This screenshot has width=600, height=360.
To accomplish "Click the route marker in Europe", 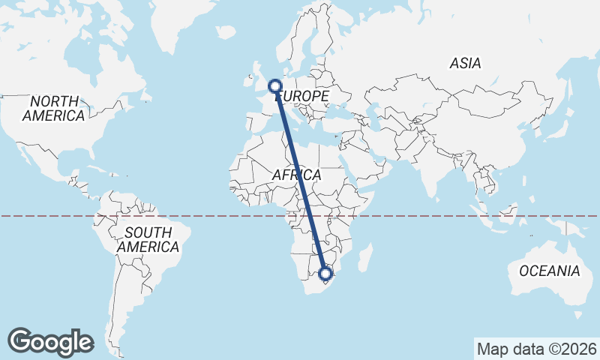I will tap(274, 86).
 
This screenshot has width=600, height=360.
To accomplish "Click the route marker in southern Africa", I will tap(325, 274).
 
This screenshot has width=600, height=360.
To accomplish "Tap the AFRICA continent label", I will tap(296, 175).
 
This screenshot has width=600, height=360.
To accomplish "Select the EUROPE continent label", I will tap(302, 97).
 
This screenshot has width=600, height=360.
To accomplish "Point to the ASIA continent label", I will tap(465, 64).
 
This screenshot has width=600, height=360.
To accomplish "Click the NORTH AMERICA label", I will tap(53, 109).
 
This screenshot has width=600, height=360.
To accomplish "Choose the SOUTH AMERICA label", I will tap(148, 239).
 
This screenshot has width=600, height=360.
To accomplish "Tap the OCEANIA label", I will tap(550, 271).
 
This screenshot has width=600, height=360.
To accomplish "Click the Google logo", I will tap(51, 342).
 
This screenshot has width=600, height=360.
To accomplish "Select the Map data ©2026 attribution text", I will tap(536, 349).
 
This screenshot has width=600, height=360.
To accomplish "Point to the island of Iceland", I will tap(226, 32).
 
